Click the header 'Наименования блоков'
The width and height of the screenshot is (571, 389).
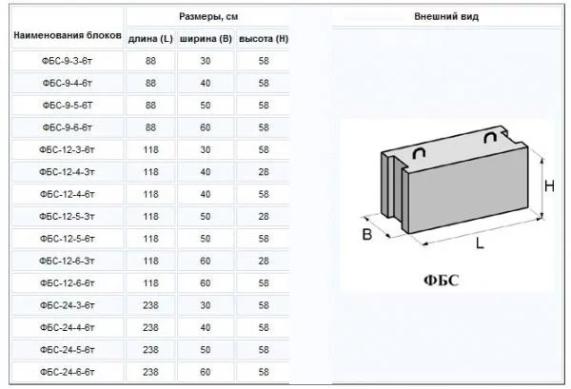[68, 35]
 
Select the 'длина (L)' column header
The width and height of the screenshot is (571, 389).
[150, 39]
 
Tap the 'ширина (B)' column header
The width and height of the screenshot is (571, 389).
[206, 39]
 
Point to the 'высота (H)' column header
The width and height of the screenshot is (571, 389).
[264, 39]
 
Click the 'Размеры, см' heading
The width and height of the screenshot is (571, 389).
[208, 17]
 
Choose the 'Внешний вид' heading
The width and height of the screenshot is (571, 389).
[446, 17]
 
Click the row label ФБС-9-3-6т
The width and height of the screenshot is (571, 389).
[67, 61]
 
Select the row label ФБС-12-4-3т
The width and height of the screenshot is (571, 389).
[67, 172]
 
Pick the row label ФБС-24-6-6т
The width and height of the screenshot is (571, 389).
[67, 372]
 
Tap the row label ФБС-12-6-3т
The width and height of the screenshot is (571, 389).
[67, 261]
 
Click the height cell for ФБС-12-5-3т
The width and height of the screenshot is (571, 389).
[264, 217]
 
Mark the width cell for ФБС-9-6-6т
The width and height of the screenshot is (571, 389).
[206, 127]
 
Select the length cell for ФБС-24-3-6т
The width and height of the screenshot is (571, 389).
[150, 305]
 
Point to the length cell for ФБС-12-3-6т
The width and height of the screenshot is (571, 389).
[150, 149]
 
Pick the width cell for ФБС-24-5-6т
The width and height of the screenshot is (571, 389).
[206, 350]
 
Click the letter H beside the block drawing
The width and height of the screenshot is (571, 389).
[549, 186]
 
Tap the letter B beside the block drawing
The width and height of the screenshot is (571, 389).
[367, 234]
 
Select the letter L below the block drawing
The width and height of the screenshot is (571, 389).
[480, 243]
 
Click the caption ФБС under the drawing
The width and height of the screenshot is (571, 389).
[442, 281]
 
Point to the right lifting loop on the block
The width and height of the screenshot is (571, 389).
[490, 137]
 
